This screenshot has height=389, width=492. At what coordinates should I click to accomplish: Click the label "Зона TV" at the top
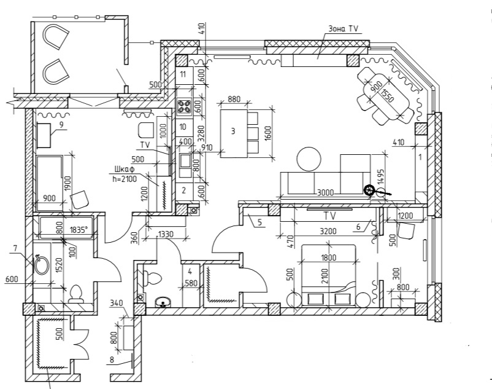pos(344,29)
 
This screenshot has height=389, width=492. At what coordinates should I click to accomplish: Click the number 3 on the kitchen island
pos(233,131)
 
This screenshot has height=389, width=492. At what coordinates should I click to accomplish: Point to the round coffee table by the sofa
pos(309,160)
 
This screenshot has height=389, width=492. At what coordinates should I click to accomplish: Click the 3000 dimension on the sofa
pos(326,192)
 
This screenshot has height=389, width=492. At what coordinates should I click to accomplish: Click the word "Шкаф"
pos(124,170)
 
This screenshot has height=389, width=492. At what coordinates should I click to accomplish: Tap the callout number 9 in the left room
pos(61,124)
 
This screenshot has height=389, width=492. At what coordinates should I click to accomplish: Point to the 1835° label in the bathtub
pos(79,230)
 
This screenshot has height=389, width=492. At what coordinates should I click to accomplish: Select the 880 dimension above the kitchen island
pos(233,99)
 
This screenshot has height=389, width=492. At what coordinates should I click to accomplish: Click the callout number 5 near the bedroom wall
pos(259,223)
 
